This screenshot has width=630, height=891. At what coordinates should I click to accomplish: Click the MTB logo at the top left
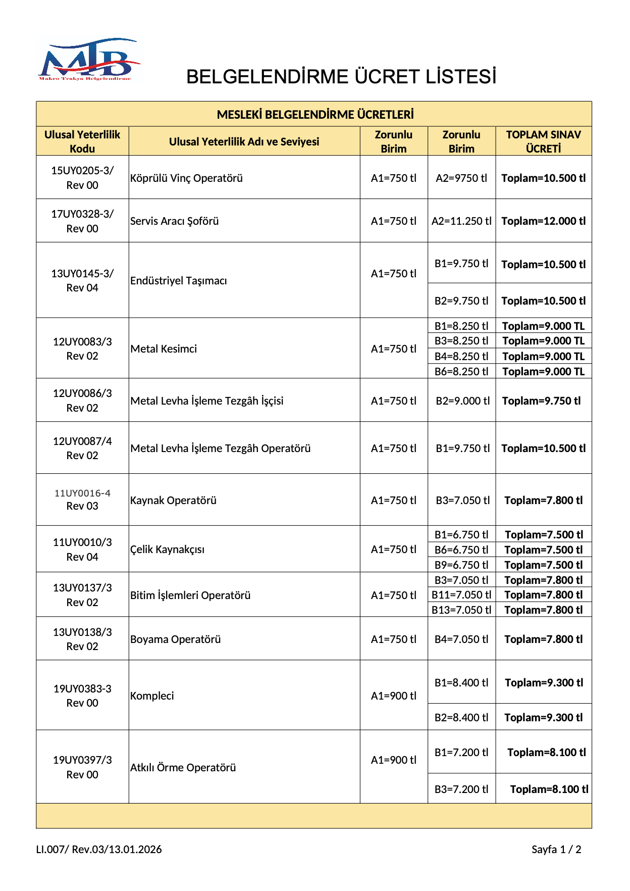click(89, 60)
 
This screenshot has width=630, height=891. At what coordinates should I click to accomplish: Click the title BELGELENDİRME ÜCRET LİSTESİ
click(341, 77)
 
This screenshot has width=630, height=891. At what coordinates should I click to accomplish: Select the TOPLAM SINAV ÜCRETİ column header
click(543, 141)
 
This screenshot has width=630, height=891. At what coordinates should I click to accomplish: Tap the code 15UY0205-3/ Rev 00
click(82, 178)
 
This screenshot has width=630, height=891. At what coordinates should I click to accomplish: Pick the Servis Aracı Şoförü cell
click(175, 221)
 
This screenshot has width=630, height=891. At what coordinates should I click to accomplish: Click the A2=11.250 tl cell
click(461, 221)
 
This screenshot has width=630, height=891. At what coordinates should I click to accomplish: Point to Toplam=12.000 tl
click(543, 221)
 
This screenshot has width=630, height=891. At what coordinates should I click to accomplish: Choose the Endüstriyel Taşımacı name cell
click(179, 281)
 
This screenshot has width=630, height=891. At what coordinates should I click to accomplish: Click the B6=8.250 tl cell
click(461, 372)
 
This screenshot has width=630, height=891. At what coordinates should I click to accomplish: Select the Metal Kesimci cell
click(164, 349)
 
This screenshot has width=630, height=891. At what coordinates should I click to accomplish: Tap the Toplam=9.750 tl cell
click(541, 401)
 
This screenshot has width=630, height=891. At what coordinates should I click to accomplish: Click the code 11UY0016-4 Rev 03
click(82, 500)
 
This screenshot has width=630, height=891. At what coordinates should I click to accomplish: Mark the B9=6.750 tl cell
click(461, 565)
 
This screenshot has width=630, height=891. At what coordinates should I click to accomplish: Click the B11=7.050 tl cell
click(461, 595)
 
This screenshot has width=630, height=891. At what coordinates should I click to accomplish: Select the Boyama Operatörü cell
click(176, 639)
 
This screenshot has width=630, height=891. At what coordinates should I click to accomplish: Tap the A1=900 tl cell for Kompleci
click(394, 696)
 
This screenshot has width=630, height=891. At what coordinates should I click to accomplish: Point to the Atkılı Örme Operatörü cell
click(183, 768)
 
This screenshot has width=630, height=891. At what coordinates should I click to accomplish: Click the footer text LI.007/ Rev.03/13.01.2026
click(99, 850)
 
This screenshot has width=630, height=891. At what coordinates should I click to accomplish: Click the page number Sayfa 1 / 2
click(556, 850)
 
